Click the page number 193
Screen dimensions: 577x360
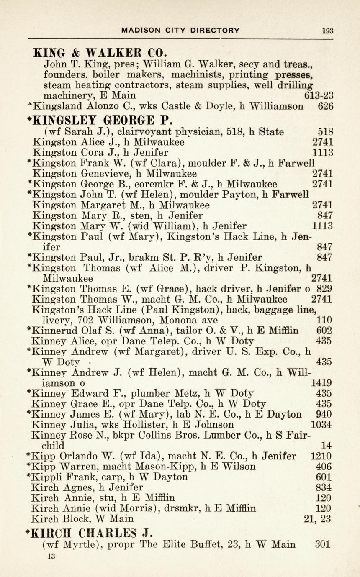(328, 30)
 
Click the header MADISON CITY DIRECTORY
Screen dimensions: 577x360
(180, 30)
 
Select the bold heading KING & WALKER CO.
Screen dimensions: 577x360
(100, 53)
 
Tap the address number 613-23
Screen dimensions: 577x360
(319, 96)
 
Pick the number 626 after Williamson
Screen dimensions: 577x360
(326, 106)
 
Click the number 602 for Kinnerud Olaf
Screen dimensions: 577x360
(324, 331)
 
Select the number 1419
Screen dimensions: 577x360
(322, 383)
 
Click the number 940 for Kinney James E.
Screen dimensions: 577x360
(324, 414)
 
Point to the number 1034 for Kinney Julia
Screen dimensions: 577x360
(322, 425)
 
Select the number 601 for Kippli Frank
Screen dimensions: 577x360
(324, 477)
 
